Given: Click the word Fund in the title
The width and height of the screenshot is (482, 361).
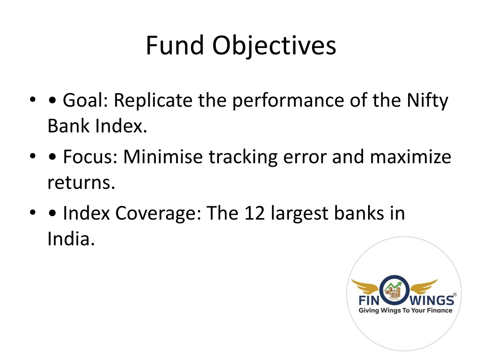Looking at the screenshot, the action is [x=175, y=45].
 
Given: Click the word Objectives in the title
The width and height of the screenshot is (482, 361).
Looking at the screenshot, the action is [x=274, y=47].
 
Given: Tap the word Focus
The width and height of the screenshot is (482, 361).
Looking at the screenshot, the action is [x=88, y=157].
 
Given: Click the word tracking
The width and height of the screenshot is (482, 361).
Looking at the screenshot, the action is [x=243, y=158].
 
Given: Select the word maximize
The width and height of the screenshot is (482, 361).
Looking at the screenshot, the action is [x=410, y=157].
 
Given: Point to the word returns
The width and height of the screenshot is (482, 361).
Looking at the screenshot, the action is [x=81, y=183].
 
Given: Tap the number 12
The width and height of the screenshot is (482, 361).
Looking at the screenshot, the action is [x=255, y=213].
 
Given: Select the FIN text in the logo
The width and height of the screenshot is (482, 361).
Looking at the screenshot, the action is [x=370, y=300].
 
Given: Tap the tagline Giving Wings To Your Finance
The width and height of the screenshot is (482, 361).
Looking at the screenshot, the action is [x=405, y=310].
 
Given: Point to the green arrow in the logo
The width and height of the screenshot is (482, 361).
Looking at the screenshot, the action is [x=393, y=286].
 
